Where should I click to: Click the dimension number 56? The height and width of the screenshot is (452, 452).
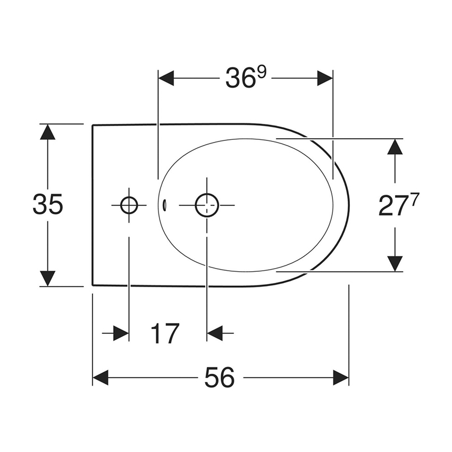220,378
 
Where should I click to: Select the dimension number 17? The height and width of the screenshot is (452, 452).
165,334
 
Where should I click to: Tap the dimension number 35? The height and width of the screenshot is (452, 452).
48,205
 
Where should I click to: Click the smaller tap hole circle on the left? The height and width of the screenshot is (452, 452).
129,205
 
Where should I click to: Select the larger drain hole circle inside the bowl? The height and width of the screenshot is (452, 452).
207,205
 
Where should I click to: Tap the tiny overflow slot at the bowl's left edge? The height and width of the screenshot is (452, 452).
164,204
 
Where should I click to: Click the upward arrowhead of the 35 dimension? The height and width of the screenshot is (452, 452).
48,131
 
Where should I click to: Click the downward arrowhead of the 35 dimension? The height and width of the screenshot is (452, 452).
48,278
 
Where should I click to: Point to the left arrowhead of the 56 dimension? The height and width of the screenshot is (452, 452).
101,378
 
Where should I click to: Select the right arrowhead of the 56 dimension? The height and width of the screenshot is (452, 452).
341,378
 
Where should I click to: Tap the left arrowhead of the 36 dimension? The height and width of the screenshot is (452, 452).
166,78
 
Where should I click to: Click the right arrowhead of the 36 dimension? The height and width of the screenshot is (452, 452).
325,78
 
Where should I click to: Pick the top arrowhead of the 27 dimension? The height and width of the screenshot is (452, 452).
395,146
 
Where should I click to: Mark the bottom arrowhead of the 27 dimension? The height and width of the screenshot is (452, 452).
395,263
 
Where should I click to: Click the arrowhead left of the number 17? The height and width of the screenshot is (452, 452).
121,333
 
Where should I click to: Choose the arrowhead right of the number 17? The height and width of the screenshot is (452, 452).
215,333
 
